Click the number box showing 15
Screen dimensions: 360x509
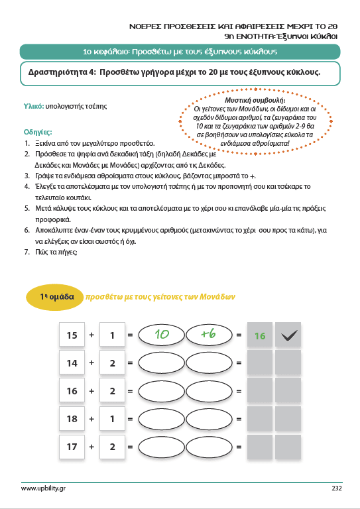pos(72,334)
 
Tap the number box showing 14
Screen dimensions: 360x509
pos(72,363)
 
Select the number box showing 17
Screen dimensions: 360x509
pos(72,447)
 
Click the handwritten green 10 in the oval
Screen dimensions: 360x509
pos(162,334)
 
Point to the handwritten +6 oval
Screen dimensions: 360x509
pos(209,334)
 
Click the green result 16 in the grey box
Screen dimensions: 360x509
pos(260,335)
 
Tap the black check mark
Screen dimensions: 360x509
pos(289,335)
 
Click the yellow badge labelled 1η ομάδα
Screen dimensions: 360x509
pos(54,297)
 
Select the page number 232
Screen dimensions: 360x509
pos(337,488)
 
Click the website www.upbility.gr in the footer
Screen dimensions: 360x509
pos(43,488)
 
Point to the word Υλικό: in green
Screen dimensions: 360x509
pos(34,106)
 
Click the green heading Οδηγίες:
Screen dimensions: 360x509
pos(38,132)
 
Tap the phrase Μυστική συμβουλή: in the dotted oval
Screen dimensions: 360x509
pos(255,100)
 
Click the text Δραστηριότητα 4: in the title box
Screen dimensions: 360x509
pos(62,72)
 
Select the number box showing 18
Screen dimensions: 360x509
pos(72,419)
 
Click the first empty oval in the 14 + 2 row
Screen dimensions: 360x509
pos(161,363)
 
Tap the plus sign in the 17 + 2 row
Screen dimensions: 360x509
pos(91,447)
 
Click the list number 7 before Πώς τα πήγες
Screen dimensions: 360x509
pos(27,252)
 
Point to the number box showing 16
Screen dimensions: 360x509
pos(72,391)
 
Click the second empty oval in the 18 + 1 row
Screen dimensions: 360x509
pos(209,419)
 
